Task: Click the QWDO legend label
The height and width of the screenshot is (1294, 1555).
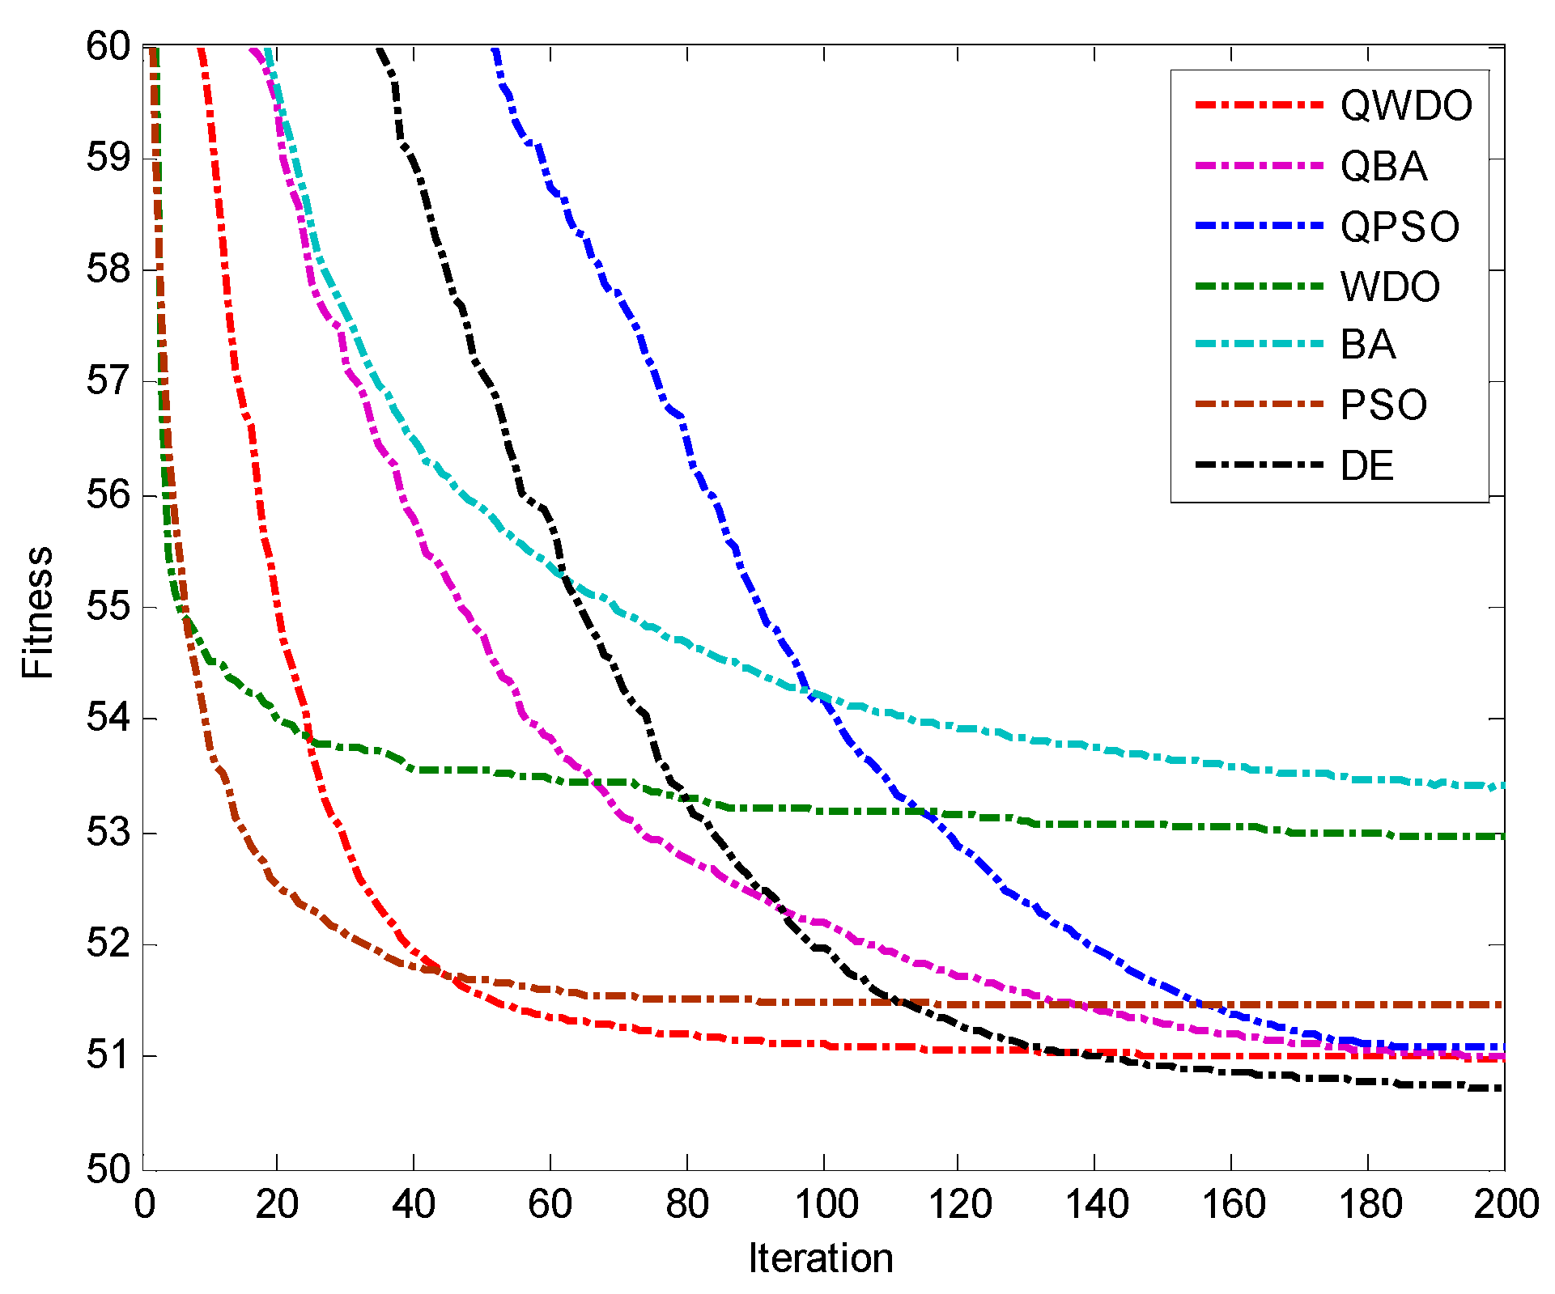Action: click(x=1406, y=106)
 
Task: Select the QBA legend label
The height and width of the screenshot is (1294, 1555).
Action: click(x=1383, y=167)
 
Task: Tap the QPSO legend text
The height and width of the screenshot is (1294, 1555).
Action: click(x=1400, y=227)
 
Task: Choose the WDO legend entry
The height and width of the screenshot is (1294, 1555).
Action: click(x=1390, y=287)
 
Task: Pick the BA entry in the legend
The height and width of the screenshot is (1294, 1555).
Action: click(x=1368, y=345)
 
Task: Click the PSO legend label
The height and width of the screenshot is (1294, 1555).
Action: click(x=1383, y=405)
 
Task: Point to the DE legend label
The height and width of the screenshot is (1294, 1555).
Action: click(x=1367, y=466)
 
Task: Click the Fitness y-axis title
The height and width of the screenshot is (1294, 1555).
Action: click(x=37, y=612)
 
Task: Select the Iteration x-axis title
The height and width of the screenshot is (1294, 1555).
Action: click(x=820, y=1258)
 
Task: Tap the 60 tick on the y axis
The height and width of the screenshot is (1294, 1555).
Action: click(x=108, y=46)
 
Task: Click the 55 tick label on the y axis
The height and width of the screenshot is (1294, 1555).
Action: click(x=108, y=607)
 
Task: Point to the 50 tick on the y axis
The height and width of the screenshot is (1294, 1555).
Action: click(x=108, y=1169)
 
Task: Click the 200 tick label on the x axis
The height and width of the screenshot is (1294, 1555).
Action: click(x=1505, y=1205)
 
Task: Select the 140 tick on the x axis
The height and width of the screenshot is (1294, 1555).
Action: click(x=1096, y=1205)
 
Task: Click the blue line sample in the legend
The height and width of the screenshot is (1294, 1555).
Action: click(x=1259, y=227)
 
